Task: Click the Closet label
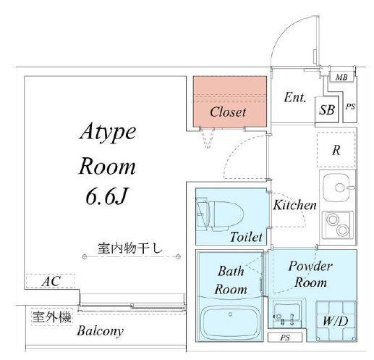pos(228,112)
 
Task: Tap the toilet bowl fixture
pos(220,214)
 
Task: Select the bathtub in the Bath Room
pos(230,321)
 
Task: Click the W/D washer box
pos(336,321)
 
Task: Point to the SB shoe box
pos(327,110)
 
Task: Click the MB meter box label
pos(341,78)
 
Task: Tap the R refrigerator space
pos(336,150)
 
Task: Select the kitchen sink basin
pos(336,188)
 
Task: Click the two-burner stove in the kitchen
pos(338,225)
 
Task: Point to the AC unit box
pos(51,281)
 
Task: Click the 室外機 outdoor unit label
pos(52,317)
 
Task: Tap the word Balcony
pos(100,331)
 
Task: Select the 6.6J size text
pos(106,196)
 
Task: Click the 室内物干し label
pos(130,248)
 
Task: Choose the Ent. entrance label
pos(295,98)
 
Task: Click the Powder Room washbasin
pos(287,313)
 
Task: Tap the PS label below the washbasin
pos(285,338)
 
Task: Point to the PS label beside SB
pos(350,106)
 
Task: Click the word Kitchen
pos(294,205)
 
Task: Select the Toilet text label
pos(246,237)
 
